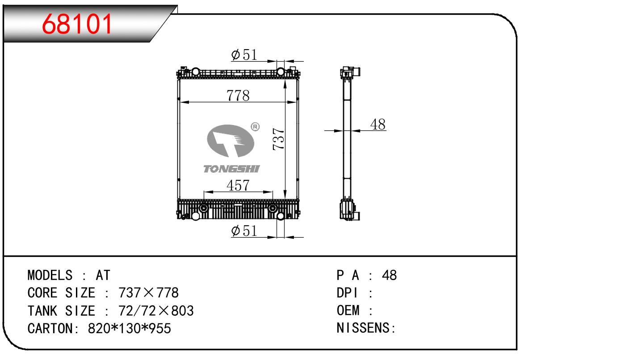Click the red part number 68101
pos(77,24)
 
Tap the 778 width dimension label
pos(238,96)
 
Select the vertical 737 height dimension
pos(278,139)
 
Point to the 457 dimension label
pos(238,185)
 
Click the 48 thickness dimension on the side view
pos(378,124)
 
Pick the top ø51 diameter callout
pos(244,54)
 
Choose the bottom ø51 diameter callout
pos(244,231)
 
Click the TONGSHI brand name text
pos(231,169)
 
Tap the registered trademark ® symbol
pos(255,127)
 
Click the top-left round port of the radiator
pos(196,72)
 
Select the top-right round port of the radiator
pos(281,72)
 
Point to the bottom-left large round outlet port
pos(196,216)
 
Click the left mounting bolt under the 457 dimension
pos(204,208)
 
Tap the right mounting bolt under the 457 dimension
pos(273,208)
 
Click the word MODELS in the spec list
pos(50,275)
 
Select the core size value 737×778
pos(148,293)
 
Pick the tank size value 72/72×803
pos(156,310)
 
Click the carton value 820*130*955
pos(129,328)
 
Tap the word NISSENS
pos(363,328)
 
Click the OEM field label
pos(348,310)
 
